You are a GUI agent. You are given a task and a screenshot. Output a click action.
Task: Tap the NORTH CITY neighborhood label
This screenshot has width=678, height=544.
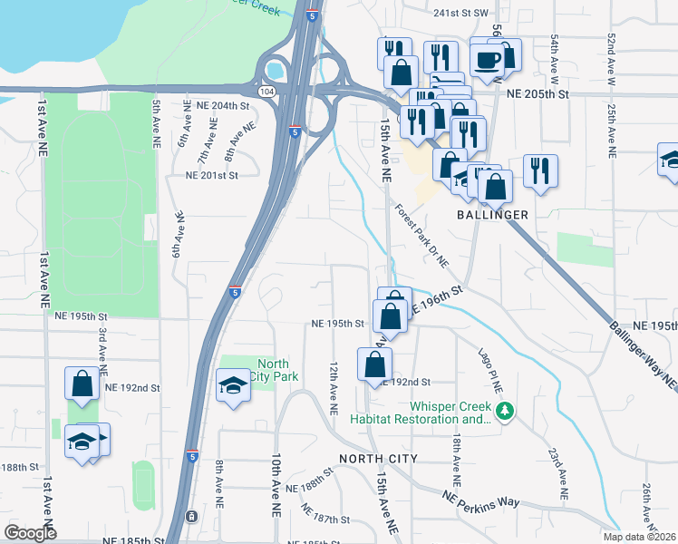(x=378, y=459)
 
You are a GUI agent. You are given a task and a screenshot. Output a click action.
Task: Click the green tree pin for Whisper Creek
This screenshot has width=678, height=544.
(x=506, y=412)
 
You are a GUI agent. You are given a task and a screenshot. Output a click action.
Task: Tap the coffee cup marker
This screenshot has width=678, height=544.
(x=487, y=61)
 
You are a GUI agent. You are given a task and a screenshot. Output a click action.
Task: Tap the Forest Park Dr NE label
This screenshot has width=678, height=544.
(x=421, y=236)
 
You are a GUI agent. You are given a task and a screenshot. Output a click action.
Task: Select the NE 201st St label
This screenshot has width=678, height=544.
(x=217, y=175)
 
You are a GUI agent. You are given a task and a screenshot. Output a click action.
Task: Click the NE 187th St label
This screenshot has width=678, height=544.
(x=326, y=520)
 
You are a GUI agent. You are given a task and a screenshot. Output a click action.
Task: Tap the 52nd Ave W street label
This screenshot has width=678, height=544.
(x=612, y=60)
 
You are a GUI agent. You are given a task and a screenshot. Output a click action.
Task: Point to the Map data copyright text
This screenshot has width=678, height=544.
(x=638, y=537)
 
